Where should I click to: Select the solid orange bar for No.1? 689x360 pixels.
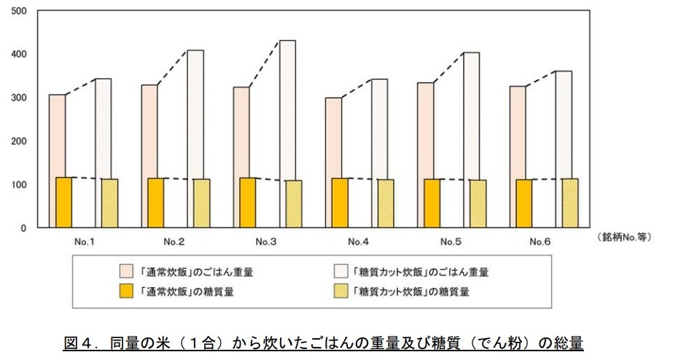coord(64,203)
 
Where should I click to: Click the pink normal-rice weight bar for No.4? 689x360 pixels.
coord(332,138)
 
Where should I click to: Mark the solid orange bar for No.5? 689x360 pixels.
coord(432,203)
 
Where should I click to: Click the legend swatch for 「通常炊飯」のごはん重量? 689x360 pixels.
coord(127,272)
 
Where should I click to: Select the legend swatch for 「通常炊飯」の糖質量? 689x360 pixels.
coord(127,292)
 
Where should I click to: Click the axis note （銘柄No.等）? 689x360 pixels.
coord(623,238)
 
